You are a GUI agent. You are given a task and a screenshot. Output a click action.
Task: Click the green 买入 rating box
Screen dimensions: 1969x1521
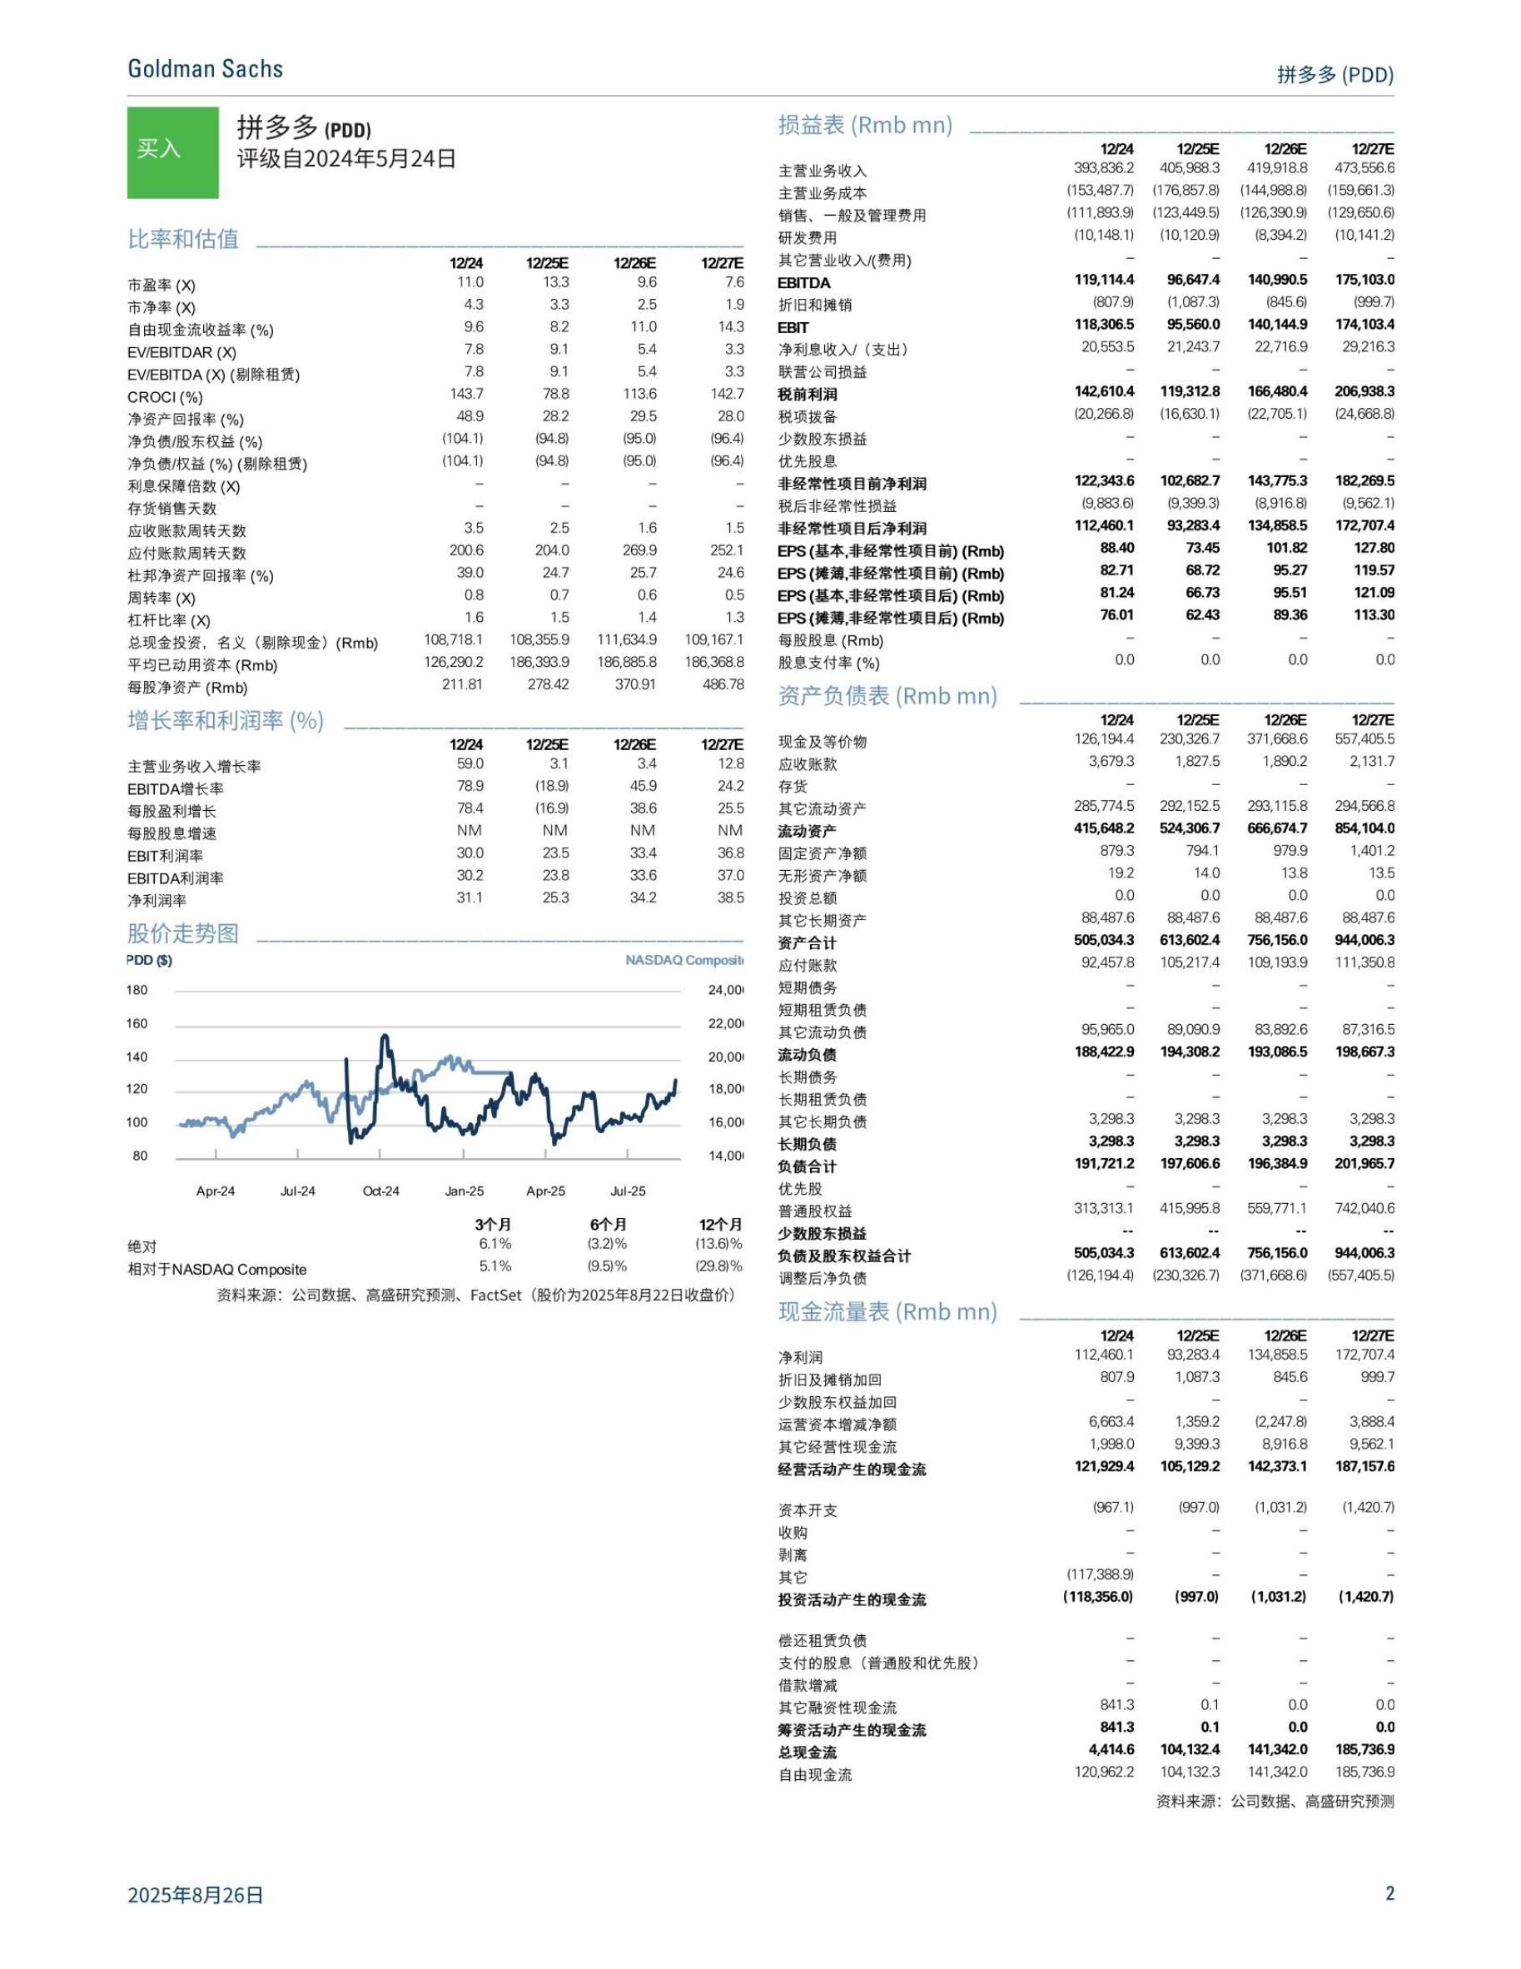(172, 152)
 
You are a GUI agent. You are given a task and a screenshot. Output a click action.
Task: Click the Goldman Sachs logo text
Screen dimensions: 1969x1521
(205, 69)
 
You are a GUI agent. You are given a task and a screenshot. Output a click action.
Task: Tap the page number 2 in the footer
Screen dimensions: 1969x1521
(1389, 1892)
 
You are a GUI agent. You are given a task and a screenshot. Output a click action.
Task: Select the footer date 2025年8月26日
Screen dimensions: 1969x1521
(196, 1894)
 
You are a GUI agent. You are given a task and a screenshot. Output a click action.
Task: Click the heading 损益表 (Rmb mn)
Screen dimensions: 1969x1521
(865, 126)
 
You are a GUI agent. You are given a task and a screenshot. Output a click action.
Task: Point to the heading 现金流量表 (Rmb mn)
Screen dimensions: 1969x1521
(887, 1312)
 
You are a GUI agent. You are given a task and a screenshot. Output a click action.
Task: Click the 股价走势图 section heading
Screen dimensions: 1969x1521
(183, 933)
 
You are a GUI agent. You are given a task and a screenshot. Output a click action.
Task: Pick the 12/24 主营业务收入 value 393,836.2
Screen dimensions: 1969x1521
(1104, 168)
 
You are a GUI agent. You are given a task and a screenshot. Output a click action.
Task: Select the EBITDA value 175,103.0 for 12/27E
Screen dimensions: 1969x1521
(1364, 281)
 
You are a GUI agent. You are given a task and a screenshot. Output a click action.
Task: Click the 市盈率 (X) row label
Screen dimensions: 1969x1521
(162, 285)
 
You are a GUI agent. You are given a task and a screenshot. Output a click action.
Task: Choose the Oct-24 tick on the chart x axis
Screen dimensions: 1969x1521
(380, 1191)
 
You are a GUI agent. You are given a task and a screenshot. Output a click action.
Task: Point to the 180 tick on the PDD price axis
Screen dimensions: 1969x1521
(137, 990)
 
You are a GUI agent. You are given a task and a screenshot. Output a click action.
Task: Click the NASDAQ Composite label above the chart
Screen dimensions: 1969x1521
(684, 960)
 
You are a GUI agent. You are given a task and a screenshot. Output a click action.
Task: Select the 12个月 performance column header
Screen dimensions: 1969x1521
(720, 1225)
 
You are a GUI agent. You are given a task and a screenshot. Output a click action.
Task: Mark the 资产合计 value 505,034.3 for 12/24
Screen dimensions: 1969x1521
(1104, 940)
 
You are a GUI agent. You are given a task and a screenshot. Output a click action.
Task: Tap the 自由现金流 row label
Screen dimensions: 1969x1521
(815, 1775)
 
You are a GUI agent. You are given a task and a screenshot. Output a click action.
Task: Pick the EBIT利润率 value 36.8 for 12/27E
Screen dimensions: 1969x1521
(729, 853)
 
